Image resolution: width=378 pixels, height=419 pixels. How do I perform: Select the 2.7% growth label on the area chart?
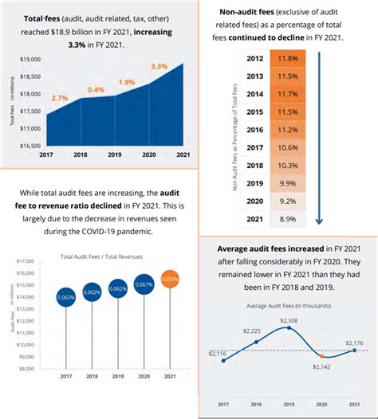pyautogui.click(x=59, y=97)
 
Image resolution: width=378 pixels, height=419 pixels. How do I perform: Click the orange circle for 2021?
pyautogui.click(x=170, y=280)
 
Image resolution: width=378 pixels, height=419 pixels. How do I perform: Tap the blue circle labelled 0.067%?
pyautogui.click(x=144, y=283)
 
